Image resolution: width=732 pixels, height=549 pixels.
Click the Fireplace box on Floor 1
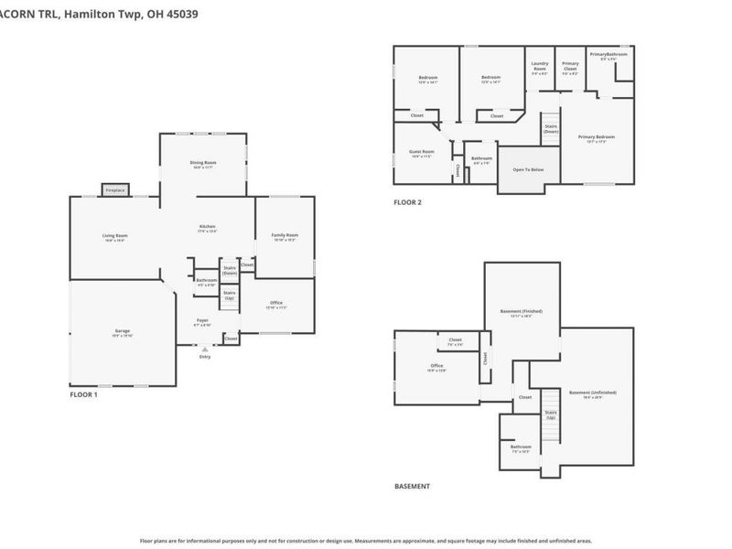pos(114,190)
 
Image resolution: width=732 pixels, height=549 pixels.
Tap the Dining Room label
pos(203,163)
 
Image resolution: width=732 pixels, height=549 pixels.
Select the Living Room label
pos(114,235)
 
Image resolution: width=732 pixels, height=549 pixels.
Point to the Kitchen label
pos(208,227)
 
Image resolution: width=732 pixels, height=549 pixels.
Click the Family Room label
pos(285,235)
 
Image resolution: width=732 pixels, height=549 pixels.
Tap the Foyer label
pos(202,320)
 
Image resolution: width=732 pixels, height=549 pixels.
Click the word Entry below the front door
pos(204,357)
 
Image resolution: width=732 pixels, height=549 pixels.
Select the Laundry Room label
pos(540,66)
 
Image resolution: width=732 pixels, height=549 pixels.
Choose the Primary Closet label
pos(570,66)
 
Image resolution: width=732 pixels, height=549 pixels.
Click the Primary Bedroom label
pos(596,136)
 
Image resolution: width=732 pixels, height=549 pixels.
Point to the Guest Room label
pos(421,151)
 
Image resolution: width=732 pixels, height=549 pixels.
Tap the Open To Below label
pos(528,169)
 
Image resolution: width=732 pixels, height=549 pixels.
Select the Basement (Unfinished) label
pos(586,393)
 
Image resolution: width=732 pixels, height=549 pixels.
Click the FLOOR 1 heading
pos(83,394)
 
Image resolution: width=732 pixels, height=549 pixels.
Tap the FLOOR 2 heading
pos(407,202)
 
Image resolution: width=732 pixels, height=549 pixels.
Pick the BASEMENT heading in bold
pos(412,487)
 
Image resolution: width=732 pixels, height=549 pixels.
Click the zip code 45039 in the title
pos(180,15)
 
